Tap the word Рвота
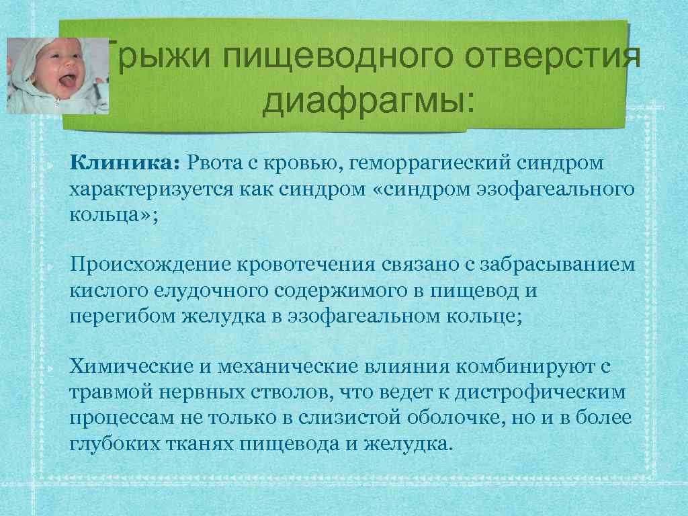(x=213, y=162)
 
